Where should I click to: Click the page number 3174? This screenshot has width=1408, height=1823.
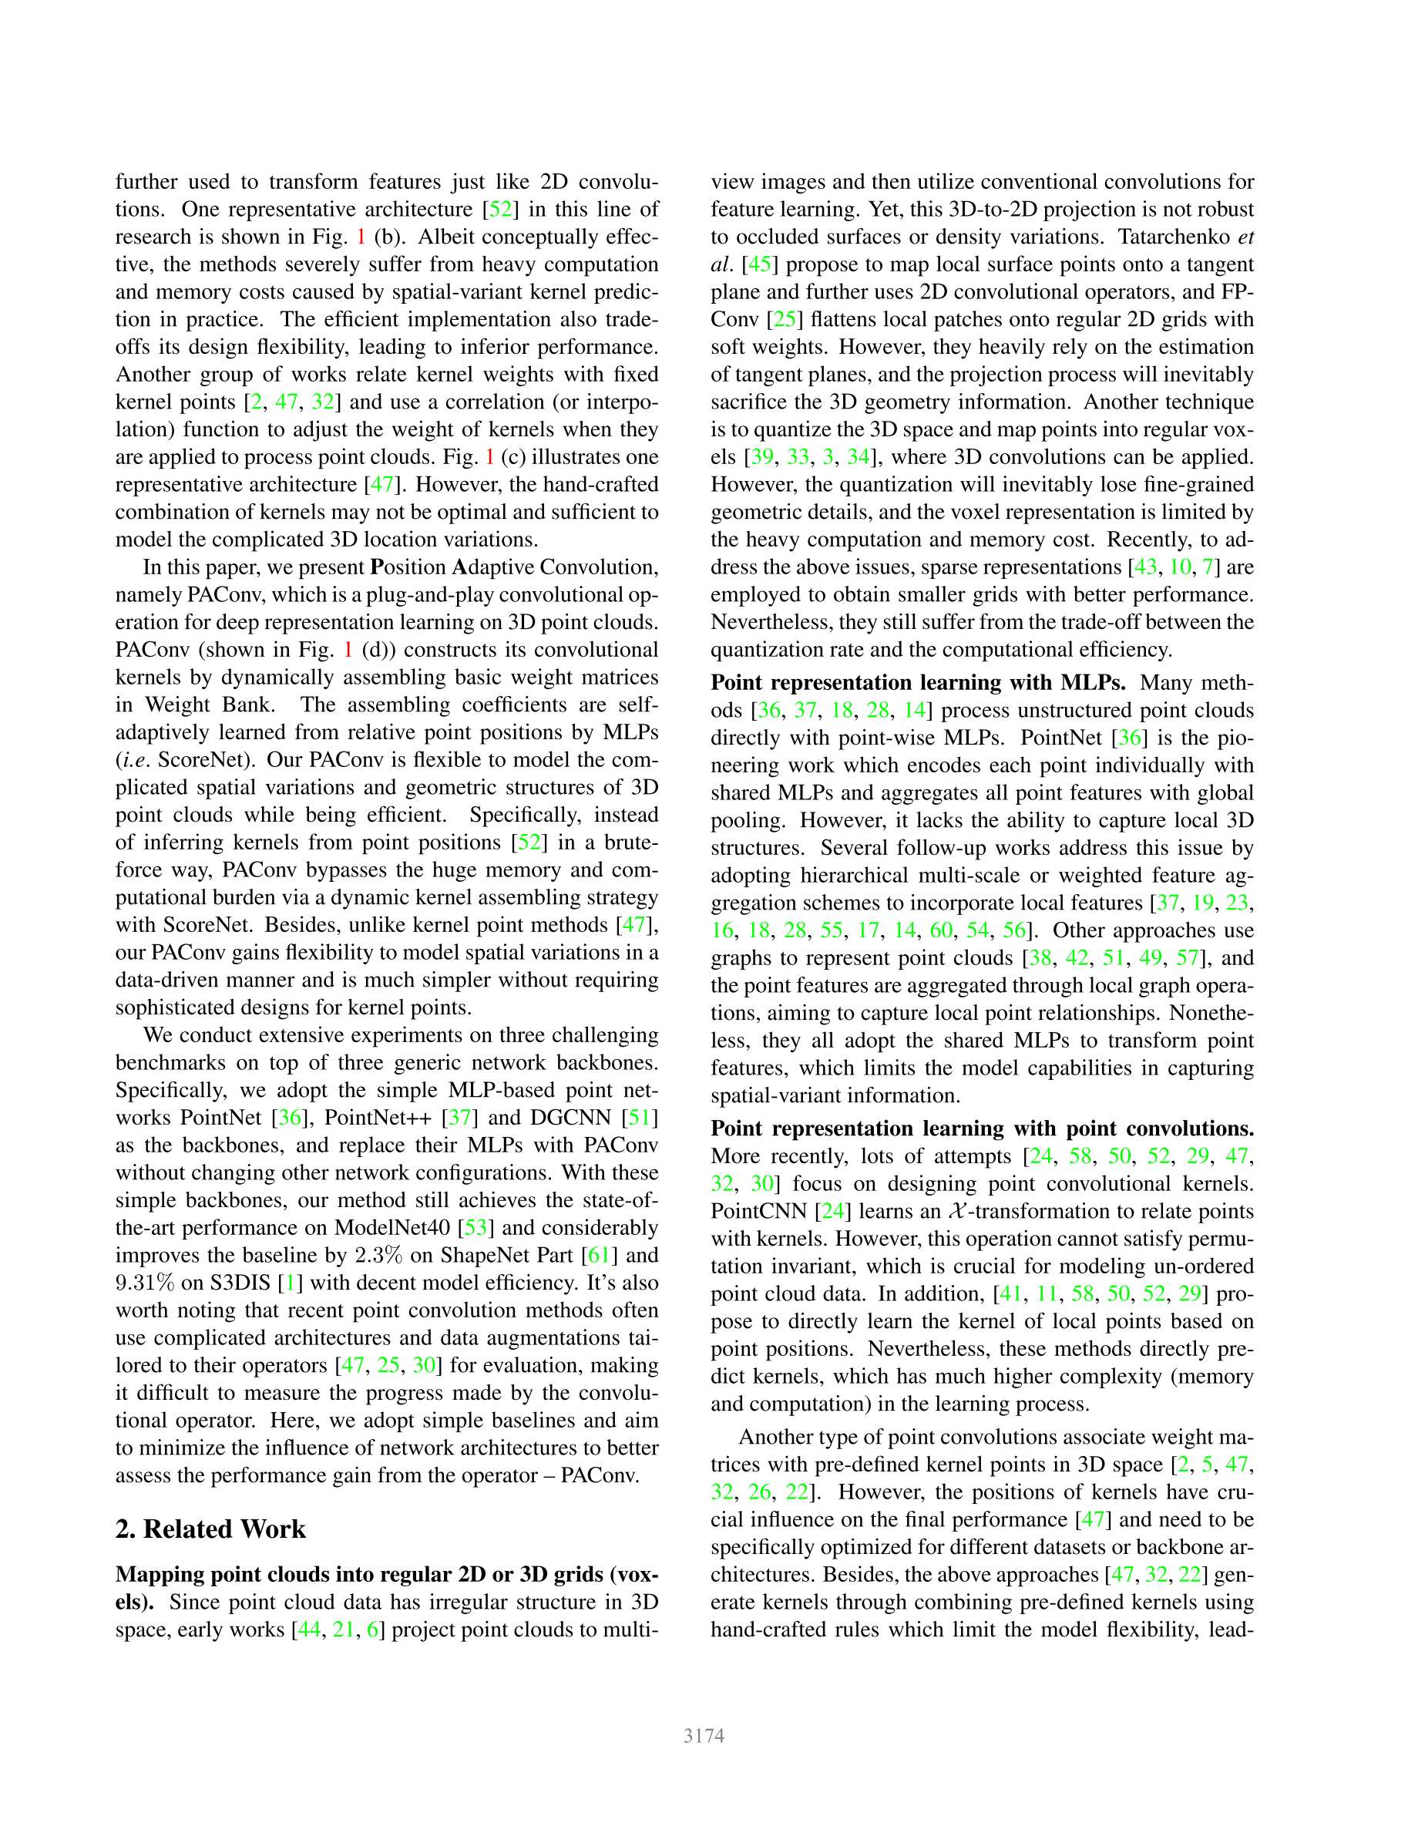pyautogui.click(x=704, y=1735)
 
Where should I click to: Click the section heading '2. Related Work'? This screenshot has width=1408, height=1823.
pyautogui.click(x=210, y=1529)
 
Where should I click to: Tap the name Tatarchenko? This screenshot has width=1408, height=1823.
pyautogui.click(x=1174, y=236)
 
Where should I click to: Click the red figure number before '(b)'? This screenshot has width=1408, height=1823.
pyautogui.click(x=361, y=236)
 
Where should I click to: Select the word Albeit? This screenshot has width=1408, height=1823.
pyautogui.click(x=447, y=236)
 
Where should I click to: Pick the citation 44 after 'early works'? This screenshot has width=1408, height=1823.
pyautogui.click(x=308, y=1629)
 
